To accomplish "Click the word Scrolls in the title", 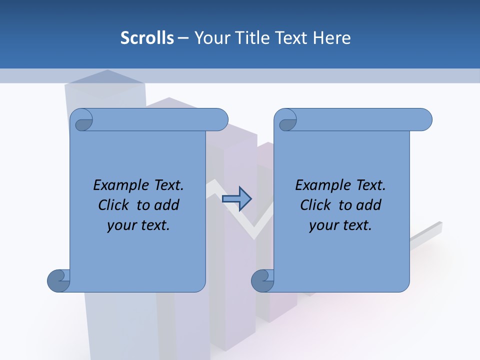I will coord(147,38).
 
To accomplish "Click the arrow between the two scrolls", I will coord(237,198).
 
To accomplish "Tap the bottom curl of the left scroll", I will coord(59,280).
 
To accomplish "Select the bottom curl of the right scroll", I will coord(263,280).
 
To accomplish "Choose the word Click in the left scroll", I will coord(113,205).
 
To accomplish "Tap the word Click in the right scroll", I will coord(315,205).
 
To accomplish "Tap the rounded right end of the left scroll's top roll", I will coord(222,119).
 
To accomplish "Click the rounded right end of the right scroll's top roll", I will coord(426,119).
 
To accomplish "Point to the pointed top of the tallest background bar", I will coord(106,71).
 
